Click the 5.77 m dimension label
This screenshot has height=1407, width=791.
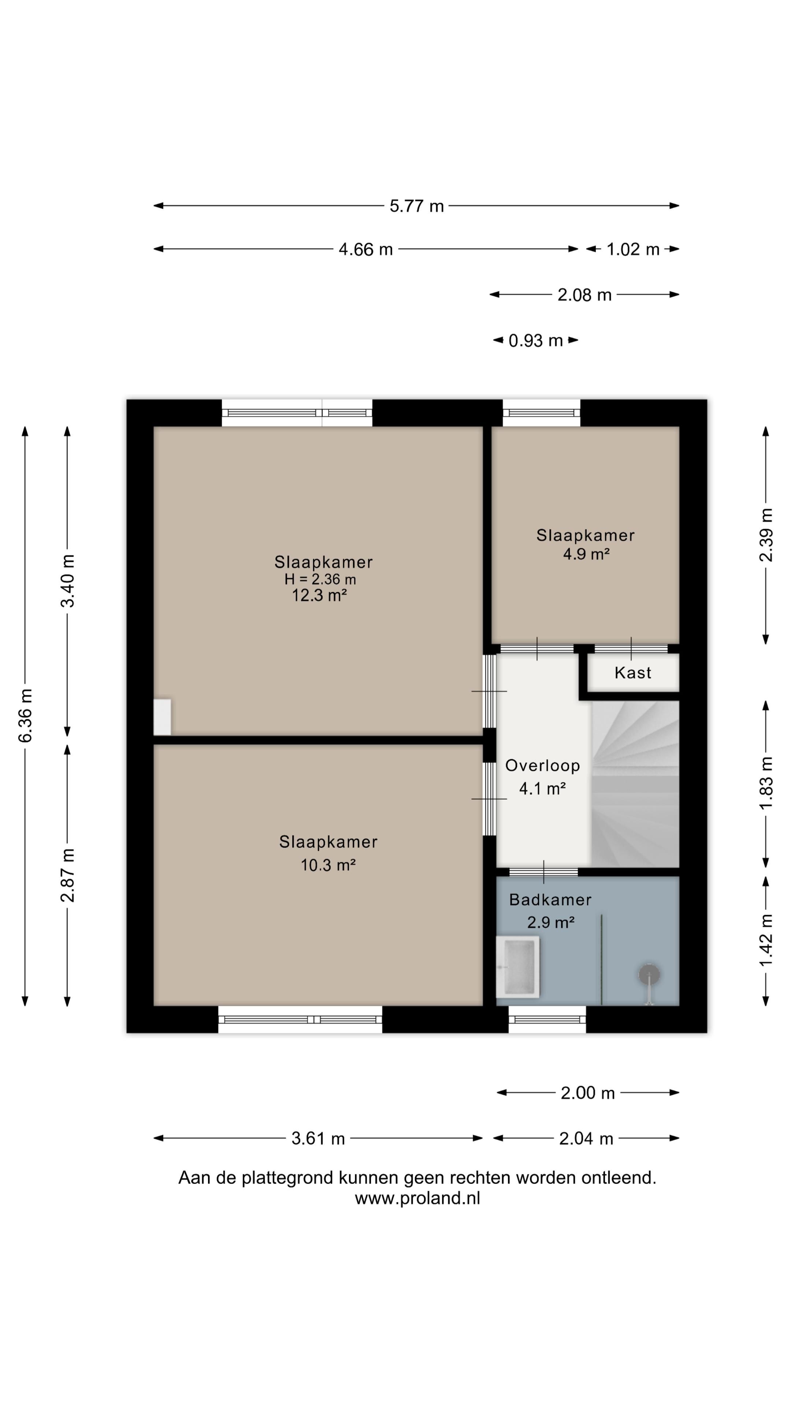(416, 206)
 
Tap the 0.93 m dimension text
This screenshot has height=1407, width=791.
(535, 341)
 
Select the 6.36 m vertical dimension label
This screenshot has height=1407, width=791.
(26, 716)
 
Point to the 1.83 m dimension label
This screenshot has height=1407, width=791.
(766, 784)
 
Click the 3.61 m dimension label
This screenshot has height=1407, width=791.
(318, 1139)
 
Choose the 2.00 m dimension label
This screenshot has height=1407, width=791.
(587, 1093)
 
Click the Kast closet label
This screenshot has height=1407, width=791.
(633, 673)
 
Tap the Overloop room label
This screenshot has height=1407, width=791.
(542, 766)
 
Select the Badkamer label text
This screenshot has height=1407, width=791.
(550, 900)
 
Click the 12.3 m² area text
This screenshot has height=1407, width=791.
(319, 595)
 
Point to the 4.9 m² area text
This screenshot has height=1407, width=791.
(586, 554)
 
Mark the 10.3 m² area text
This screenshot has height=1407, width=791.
(328, 865)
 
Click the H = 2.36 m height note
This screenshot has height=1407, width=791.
(320, 580)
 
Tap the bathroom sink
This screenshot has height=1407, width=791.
(517, 967)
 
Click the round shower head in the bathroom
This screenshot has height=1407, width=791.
(649, 974)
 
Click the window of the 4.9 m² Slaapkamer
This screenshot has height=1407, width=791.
(541, 413)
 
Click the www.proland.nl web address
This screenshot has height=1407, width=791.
(417, 1199)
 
